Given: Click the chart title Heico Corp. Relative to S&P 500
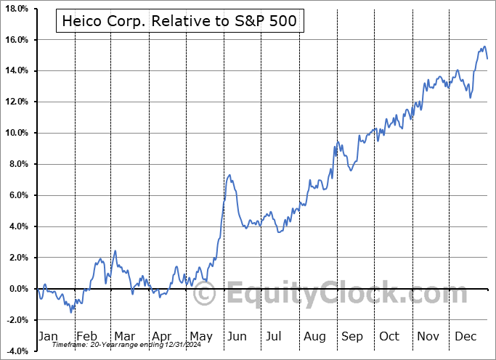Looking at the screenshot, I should click(179, 21).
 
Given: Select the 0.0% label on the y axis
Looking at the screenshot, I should click(17, 289).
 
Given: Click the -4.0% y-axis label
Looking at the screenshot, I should click(15, 351).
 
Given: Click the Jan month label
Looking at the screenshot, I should click(47, 336).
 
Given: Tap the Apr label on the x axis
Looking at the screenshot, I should click(163, 336).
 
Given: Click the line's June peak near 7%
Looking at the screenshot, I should click(229, 175).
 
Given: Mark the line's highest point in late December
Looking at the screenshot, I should click(484, 47).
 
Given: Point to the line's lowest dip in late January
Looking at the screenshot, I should click(71, 311).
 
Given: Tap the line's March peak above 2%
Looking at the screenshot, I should click(115, 251).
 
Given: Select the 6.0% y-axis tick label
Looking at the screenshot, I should click(17, 196).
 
